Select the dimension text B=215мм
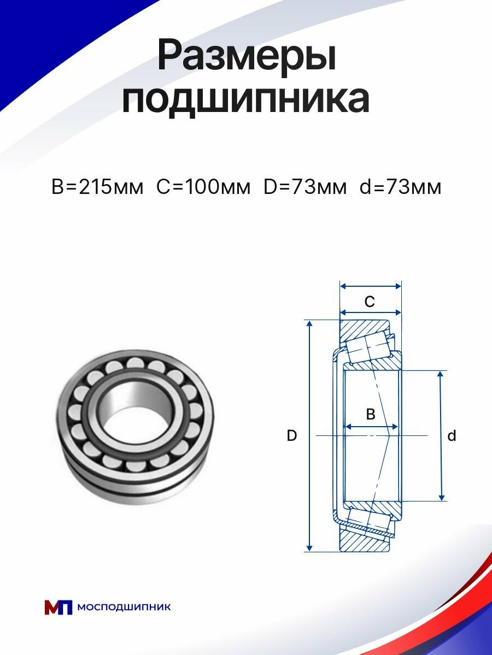pos(97,187)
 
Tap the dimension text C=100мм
pos(203,187)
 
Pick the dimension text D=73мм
pos(305,187)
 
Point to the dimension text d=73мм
pos(401,187)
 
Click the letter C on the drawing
pos(370,301)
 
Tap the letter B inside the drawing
pos(370,414)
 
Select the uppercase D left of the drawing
pos(292,436)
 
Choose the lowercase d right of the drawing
pos(452,436)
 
